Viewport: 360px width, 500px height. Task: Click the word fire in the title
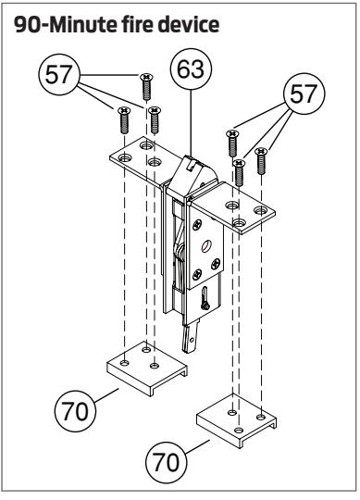coord(136,25)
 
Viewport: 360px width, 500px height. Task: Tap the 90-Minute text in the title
coord(66,25)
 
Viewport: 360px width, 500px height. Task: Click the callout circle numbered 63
coord(191,69)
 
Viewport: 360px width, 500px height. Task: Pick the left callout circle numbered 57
coord(59,74)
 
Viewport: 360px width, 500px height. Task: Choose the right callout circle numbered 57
coord(304,94)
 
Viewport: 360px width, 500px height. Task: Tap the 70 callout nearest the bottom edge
coord(167,462)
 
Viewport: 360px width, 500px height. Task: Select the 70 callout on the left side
coord(75,411)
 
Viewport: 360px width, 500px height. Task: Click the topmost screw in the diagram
coord(146,87)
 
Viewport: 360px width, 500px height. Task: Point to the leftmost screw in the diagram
coord(124,119)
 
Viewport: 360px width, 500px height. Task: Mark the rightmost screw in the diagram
coord(261,161)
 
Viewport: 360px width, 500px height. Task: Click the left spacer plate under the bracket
coord(146,369)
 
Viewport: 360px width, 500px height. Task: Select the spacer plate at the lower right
coord(236,421)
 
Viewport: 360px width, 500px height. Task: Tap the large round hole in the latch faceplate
coord(206,246)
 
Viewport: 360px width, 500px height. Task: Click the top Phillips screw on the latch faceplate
coord(197,224)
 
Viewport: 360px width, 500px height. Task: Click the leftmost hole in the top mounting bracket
coord(124,157)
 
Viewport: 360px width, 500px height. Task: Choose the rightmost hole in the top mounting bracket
coord(261,210)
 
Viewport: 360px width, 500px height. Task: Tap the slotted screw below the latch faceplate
coord(205,298)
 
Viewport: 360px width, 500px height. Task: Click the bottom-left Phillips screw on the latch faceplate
coord(197,273)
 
